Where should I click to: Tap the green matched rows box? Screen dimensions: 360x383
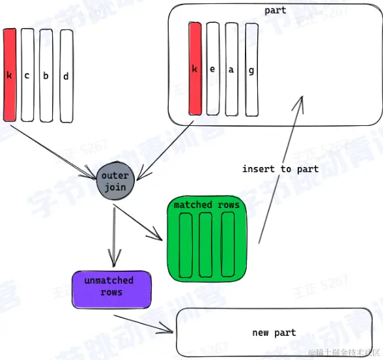click(206, 239)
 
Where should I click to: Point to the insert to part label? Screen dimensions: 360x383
click(280, 169)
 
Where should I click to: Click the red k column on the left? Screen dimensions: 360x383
click(9, 74)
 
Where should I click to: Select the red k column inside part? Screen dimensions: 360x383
click(194, 69)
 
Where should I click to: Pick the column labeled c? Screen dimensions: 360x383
click(27, 74)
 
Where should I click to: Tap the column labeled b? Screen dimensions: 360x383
click(46, 74)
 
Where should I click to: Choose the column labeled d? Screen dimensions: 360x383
click(66, 74)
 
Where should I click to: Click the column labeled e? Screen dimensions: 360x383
click(213, 69)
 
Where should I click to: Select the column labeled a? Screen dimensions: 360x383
click(232, 69)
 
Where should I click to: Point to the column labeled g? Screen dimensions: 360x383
click(251, 69)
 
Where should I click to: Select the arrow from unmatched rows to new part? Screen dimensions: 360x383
click(143, 324)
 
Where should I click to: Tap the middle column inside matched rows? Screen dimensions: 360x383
click(206, 244)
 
